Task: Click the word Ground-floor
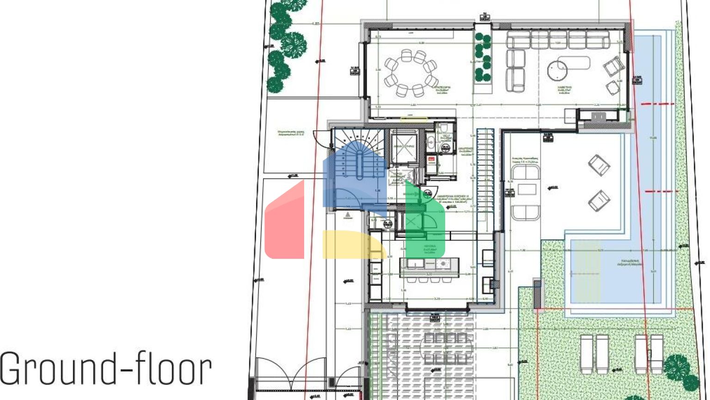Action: point(105,369)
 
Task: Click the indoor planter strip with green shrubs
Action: point(483,58)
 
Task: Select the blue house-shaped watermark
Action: point(354,178)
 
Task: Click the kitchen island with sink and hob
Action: point(429,267)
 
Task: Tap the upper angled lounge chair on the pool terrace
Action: point(599,165)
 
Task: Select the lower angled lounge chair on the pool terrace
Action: point(599,201)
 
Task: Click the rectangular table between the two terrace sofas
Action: point(526,190)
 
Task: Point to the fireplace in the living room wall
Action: point(598,117)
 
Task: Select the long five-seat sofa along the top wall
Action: point(557,40)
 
